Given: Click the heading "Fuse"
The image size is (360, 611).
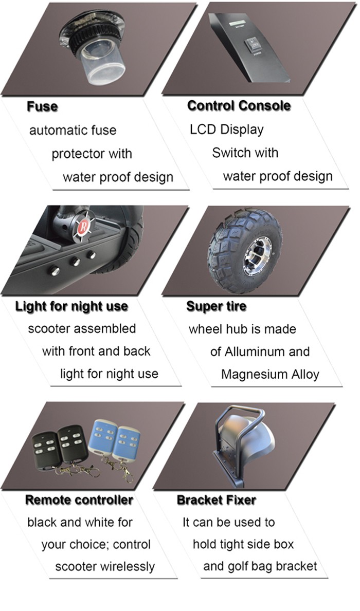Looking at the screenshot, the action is pyautogui.click(x=42, y=106).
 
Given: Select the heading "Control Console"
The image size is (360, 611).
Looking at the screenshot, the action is pyautogui.click(x=239, y=105).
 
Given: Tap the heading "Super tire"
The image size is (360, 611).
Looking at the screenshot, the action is pyautogui.click(x=216, y=306).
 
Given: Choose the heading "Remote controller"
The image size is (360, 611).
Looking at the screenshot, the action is pyautogui.click(x=79, y=500).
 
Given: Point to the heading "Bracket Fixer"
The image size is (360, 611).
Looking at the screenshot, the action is pyautogui.click(x=217, y=500).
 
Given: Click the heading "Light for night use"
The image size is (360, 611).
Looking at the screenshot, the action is pyautogui.click(x=71, y=306).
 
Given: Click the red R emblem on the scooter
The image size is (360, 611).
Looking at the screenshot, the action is pyautogui.click(x=82, y=227).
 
